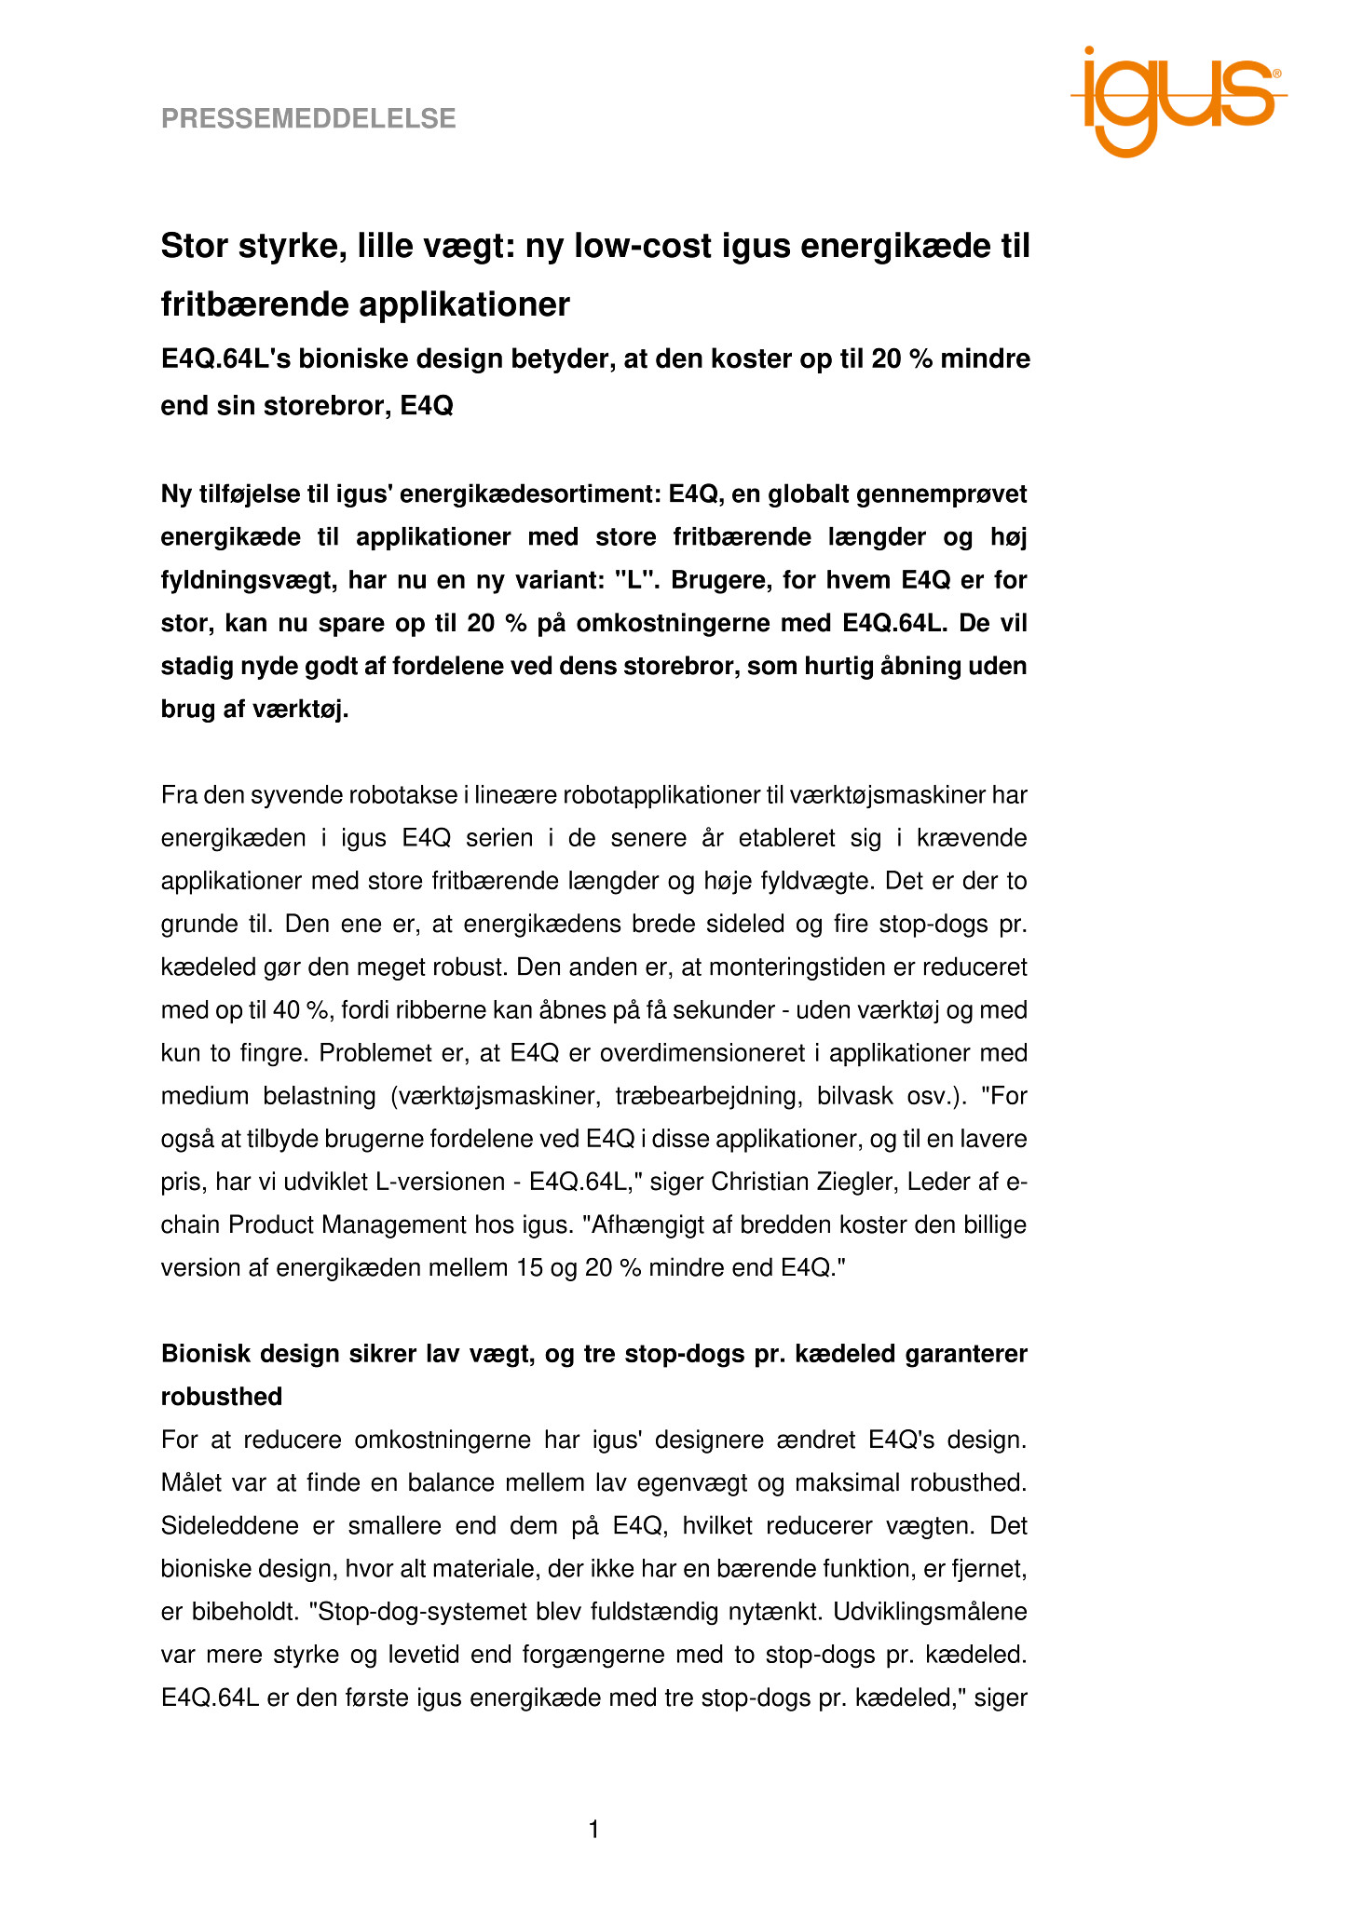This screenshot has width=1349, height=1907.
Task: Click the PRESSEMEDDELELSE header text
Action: [x=308, y=118]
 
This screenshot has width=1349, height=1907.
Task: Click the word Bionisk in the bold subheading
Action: [x=203, y=1354]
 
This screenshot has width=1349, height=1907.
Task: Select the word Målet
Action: [x=190, y=1482]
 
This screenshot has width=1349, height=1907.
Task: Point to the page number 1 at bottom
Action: [x=594, y=1831]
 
